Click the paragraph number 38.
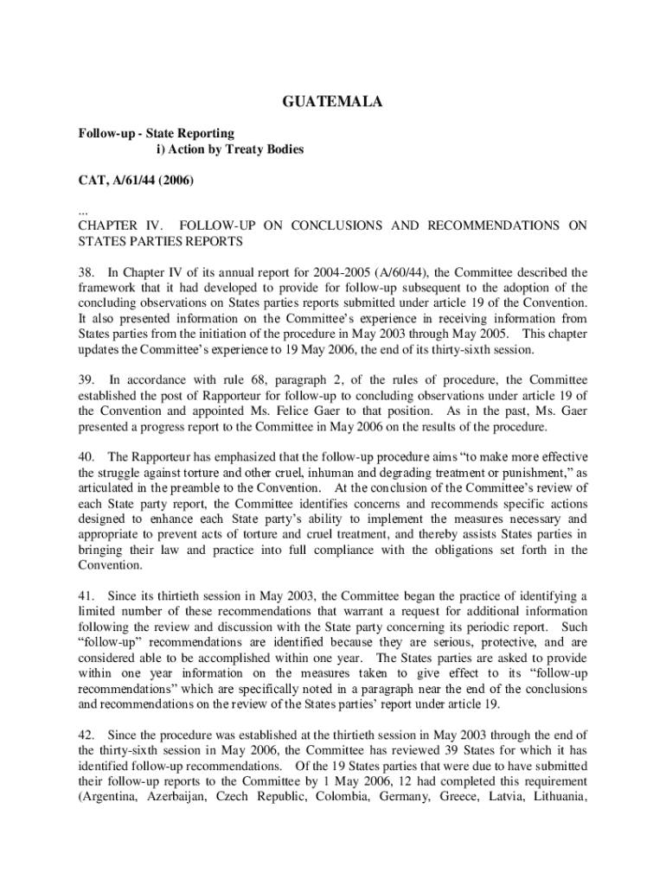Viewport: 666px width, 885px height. coord(86,272)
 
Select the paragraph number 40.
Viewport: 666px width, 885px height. coord(86,456)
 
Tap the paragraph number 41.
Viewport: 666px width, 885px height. coord(86,595)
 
